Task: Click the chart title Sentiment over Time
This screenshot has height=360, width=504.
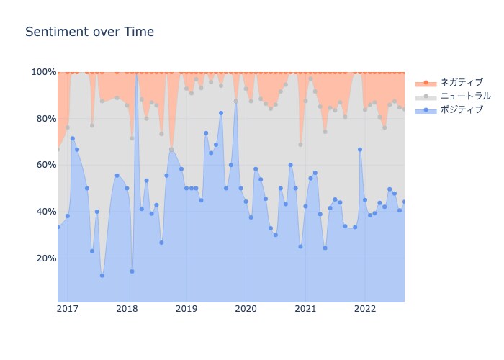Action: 90,32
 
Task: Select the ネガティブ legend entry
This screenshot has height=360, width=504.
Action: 449,82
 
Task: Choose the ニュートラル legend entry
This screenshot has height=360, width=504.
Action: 453,96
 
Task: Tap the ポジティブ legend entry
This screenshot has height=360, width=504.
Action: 449,109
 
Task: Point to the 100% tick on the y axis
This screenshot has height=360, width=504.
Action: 44,72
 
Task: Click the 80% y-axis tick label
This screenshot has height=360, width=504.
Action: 46,119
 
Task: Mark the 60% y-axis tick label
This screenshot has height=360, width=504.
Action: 46,165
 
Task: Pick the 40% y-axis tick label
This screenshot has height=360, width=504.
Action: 46,212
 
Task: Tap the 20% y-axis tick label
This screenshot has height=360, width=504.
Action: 46,258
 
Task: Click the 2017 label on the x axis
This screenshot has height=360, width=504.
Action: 68,309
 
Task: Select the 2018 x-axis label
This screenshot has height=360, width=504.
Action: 127,309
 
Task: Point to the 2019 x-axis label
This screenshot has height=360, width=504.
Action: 186,309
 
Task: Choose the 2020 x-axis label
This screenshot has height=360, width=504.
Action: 246,309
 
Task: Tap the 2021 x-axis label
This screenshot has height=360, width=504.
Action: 305,309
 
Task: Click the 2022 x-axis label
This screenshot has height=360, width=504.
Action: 365,309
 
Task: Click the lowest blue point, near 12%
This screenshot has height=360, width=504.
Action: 102,276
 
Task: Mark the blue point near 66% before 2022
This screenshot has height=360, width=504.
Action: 360,150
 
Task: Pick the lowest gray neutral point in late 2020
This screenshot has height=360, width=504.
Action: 300,145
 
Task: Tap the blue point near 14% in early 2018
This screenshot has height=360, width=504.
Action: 132,271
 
